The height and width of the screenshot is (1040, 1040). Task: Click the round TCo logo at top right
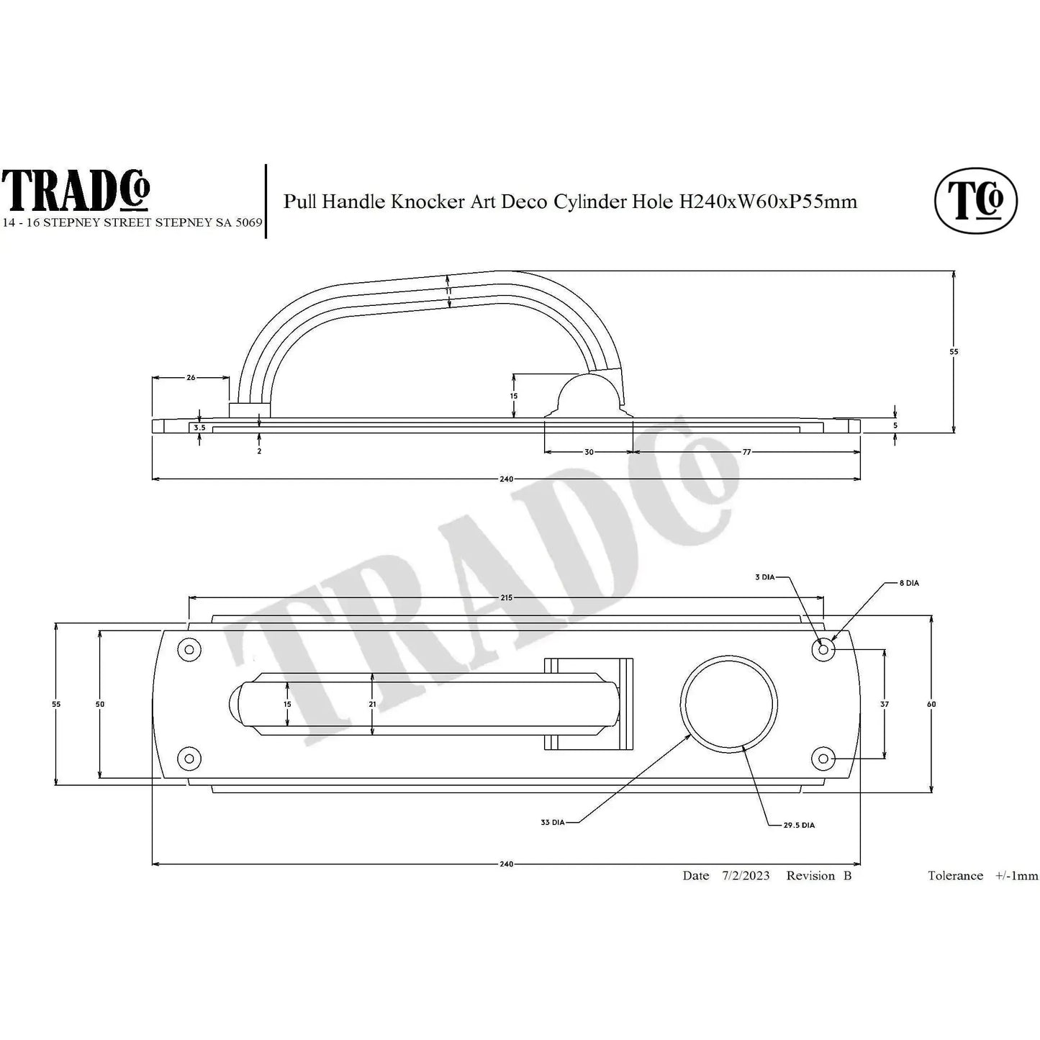point(975,201)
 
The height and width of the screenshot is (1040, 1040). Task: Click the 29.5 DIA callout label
point(799,826)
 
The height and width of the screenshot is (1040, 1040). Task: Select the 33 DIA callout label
point(553,822)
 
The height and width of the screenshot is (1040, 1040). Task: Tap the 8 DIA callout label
point(909,583)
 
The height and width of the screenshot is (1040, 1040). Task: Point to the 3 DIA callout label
point(764,577)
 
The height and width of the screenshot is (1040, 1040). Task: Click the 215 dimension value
point(506,597)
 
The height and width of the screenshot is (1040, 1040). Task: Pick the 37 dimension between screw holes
point(885,704)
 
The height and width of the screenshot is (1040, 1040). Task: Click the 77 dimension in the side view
point(746,452)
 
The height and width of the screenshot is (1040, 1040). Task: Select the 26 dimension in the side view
point(191,377)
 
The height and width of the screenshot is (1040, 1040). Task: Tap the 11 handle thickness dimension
point(448,291)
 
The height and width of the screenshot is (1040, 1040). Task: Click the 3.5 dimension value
point(199,428)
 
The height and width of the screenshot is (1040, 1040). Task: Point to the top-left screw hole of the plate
point(189,650)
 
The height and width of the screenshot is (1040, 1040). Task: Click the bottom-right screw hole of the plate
point(823,758)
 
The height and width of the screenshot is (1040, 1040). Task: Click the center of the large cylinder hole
point(729,704)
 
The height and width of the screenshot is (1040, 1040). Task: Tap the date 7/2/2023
point(746,876)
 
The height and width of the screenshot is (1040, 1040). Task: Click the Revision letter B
point(847,876)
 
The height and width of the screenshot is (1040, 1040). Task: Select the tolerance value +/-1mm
point(1016,876)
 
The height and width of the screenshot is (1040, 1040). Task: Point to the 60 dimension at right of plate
point(931,704)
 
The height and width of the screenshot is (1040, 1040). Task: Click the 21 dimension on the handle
point(372,704)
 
